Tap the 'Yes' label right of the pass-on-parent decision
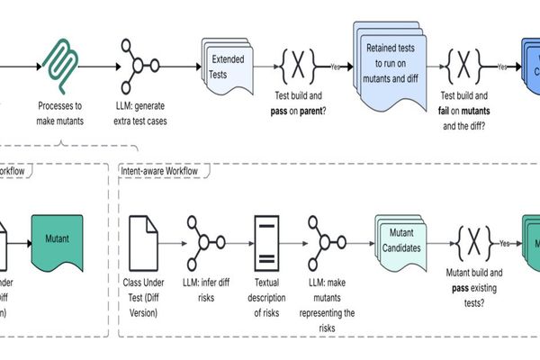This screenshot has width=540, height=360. (x=336, y=67)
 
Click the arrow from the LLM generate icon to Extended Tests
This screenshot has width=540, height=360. (x=181, y=66)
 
